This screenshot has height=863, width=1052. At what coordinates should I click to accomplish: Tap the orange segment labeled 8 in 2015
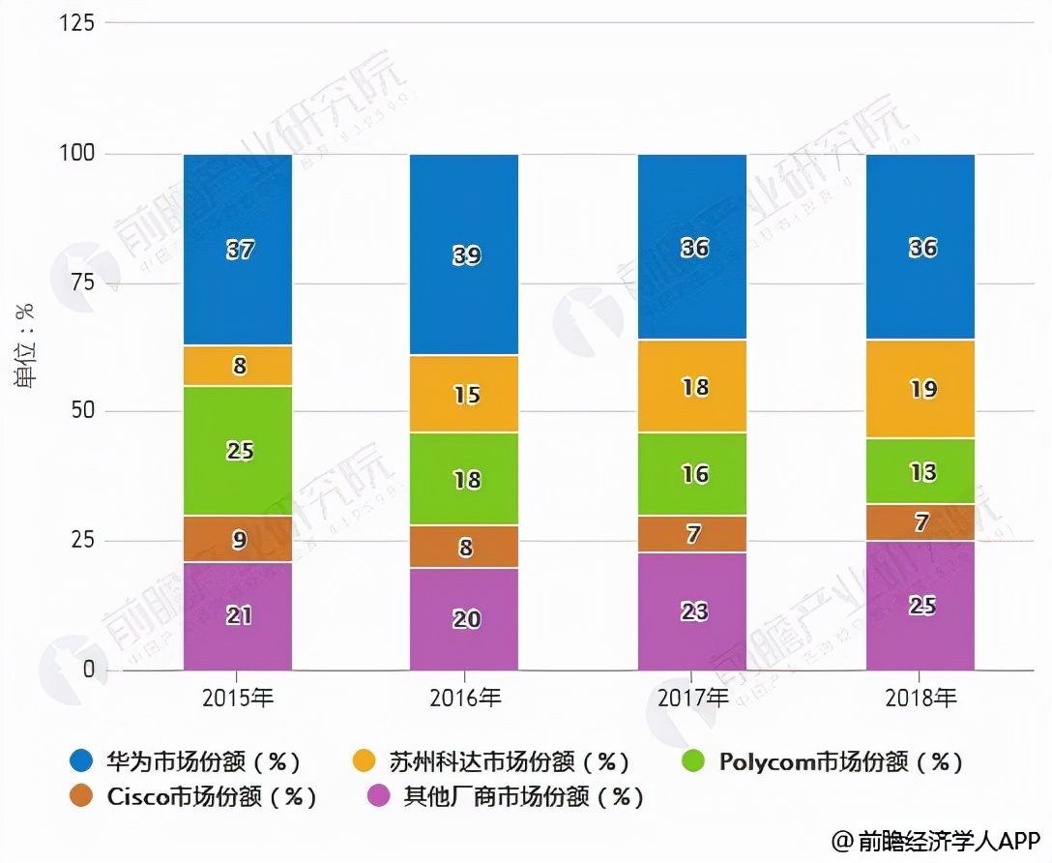[238, 366]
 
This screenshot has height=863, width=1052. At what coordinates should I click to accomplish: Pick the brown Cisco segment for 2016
[464, 548]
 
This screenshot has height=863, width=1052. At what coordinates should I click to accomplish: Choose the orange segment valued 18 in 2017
[692, 386]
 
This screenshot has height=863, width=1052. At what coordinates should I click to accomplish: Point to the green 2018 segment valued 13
[920, 471]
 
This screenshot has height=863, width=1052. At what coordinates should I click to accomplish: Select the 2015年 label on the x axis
[238, 698]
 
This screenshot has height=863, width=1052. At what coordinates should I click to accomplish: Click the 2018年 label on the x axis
[920, 698]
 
